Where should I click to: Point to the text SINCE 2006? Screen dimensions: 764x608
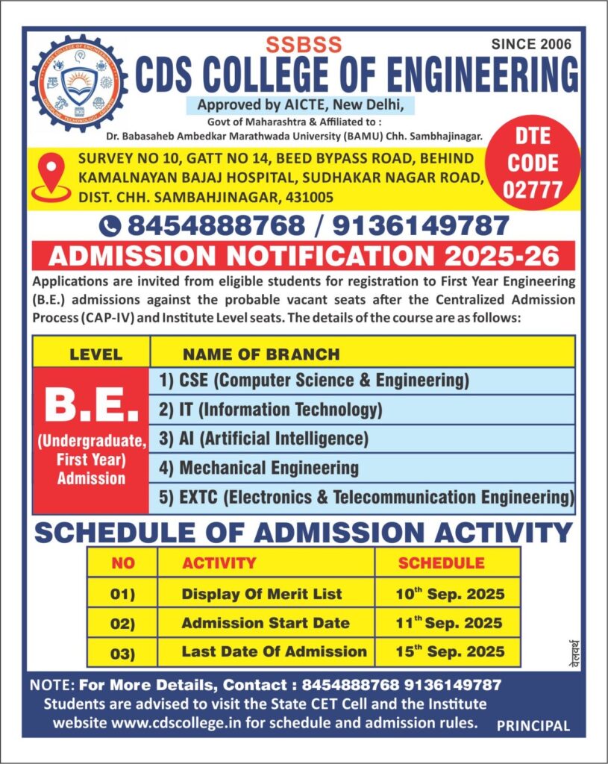pyautogui.click(x=531, y=44)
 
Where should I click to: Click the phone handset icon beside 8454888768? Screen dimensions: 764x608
pyautogui.click(x=110, y=225)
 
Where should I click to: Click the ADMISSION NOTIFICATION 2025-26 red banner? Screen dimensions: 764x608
pyautogui.click(x=303, y=256)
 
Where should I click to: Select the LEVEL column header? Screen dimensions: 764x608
pyautogui.click(x=95, y=354)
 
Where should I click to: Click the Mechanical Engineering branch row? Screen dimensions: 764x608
pyautogui.click(x=258, y=469)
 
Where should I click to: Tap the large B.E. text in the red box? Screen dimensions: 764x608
pyautogui.click(x=91, y=405)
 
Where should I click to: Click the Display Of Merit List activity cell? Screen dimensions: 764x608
pyautogui.click(x=262, y=594)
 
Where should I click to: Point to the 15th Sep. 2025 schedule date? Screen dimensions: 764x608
pyautogui.click(x=450, y=651)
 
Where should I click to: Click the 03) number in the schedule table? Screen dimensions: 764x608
pyautogui.click(x=122, y=654)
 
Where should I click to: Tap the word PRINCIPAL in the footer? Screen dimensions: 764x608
pyautogui.click(x=533, y=725)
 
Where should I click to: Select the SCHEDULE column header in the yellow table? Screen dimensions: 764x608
pyautogui.click(x=441, y=563)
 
